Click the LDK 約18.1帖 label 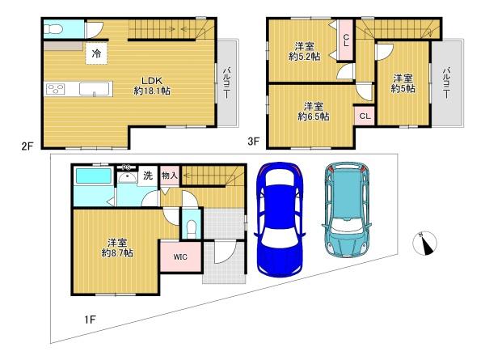pyautogui.click(x=152, y=86)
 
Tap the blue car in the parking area pyautogui.click(x=280, y=219)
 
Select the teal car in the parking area pyautogui.click(x=347, y=210)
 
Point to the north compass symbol pyautogui.click(x=424, y=244)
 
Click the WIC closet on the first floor pyautogui.click(x=180, y=256)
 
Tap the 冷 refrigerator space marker pyautogui.click(x=96, y=53)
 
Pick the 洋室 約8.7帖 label pyautogui.click(x=117, y=248)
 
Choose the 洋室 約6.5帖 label pyautogui.click(x=314, y=111)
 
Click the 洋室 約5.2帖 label pyautogui.click(x=305, y=52)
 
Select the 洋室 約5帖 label pyautogui.click(x=403, y=83)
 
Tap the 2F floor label pyautogui.click(x=27, y=146)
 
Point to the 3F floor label pyautogui.click(x=253, y=142)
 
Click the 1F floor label pyautogui.click(x=90, y=319)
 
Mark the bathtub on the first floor pyautogui.click(x=94, y=176)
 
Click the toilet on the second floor pyautogui.click(x=53, y=29)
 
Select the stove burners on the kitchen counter pyautogui.click(x=55, y=89)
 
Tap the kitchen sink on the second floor pyautogui.click(x=95, y=89)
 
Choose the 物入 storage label pyautogui.click(x=170, y=176)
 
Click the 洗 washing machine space pyautogui.click(x=148, y=176)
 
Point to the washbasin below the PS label pyautogui.click(x=127, y=177)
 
